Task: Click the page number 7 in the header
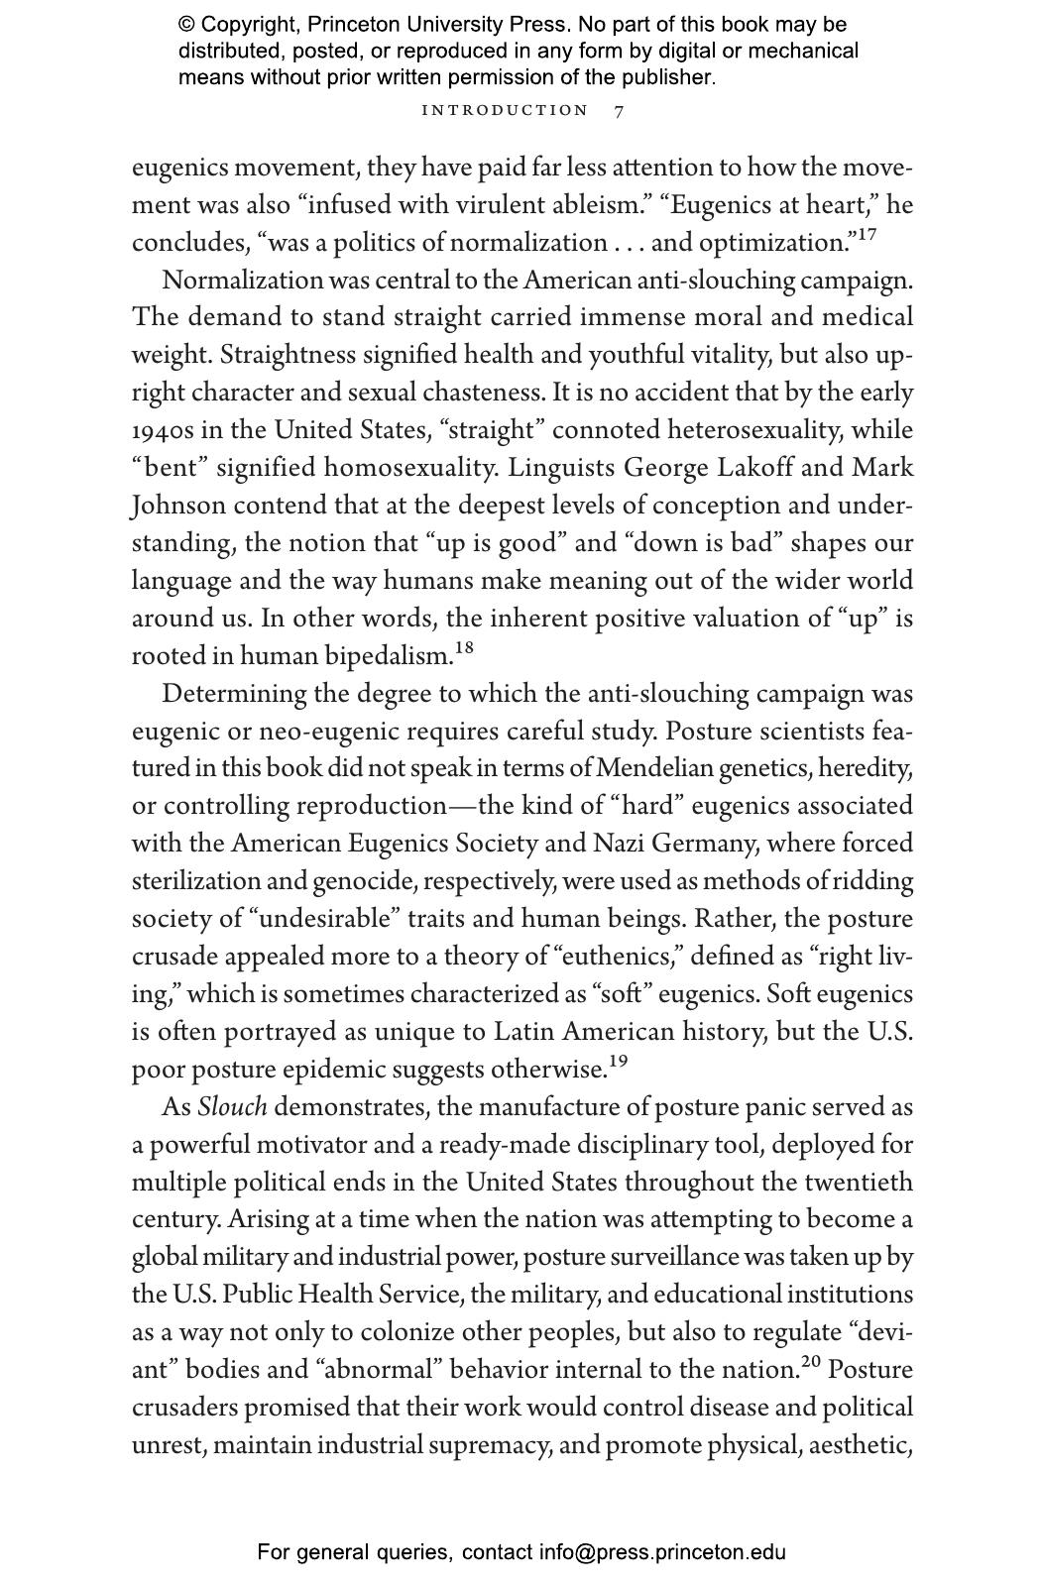pos(620,111)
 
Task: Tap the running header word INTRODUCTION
pos(505,111)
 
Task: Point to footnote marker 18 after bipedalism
pos(464,648)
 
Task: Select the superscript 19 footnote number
pos(618,1062)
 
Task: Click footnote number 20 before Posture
pos(811,1362)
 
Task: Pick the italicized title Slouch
pos(232,1108)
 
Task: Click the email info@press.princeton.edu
pos(662,1552)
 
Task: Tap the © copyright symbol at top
pos(186,25)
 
